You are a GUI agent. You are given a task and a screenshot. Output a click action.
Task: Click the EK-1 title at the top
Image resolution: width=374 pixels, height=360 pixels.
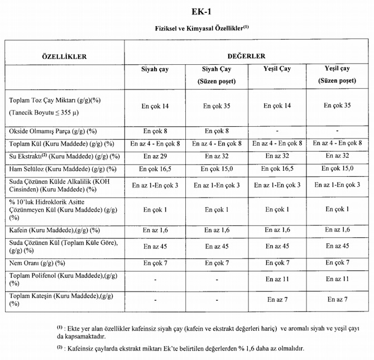[186, 11]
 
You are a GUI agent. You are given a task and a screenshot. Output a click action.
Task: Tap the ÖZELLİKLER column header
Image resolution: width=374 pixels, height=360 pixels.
[64, 56]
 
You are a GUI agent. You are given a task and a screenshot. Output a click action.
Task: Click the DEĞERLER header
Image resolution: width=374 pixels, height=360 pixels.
[246, 56]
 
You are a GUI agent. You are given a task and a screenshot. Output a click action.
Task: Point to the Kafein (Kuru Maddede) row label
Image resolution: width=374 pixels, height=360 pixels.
[55, 230]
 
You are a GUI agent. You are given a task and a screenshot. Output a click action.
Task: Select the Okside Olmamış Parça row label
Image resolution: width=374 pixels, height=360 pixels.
[53, 132]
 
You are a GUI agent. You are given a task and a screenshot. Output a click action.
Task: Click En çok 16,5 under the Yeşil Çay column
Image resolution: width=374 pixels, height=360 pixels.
[277, 169]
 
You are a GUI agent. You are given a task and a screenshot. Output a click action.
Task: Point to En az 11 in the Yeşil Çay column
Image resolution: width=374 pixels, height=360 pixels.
[277, 279]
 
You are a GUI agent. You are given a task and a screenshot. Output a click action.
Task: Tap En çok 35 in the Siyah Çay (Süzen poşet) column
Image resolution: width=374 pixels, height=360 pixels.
[217, 105]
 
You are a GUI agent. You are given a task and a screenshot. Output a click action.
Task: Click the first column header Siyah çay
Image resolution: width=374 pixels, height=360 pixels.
[155, 69]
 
